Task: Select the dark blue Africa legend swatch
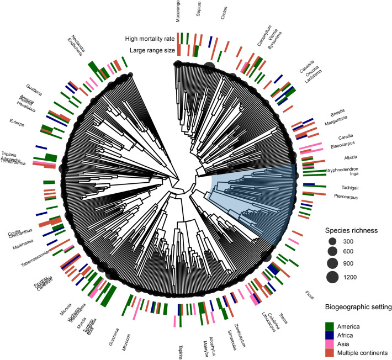(330, 335)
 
